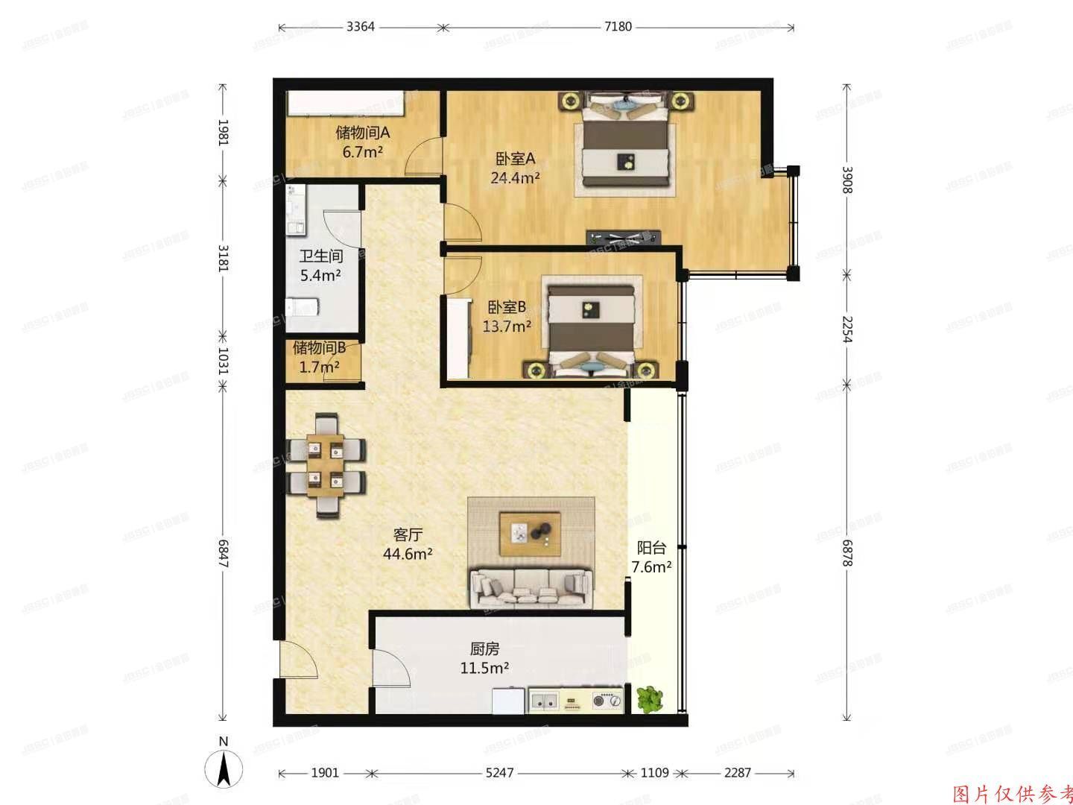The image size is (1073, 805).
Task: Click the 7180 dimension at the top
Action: (618, 28)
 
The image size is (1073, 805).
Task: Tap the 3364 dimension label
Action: (361, 28)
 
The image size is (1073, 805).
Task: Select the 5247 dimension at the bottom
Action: (499, 773)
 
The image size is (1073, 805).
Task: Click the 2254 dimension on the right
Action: (846, 328)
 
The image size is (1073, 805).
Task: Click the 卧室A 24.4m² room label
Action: (515, 168)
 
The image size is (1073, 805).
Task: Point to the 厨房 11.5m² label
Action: (484, 658)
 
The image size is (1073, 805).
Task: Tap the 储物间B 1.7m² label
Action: (319, 356)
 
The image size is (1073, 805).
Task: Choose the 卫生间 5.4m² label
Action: (320, 265)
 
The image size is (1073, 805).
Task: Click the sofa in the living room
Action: (531, 587)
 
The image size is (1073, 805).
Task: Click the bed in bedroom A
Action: (626, 142)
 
